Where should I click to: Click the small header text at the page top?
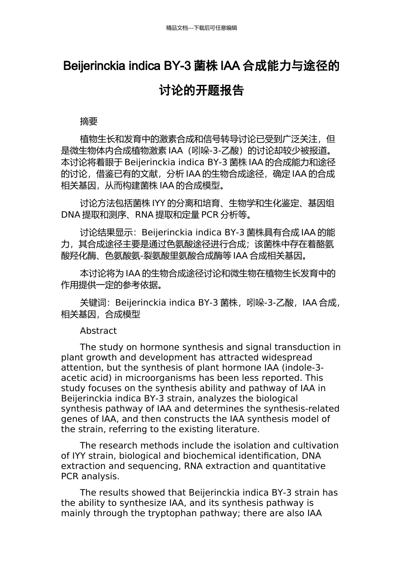201,28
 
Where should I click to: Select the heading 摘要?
89,121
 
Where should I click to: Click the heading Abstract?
98,331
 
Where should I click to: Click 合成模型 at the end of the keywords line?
123,314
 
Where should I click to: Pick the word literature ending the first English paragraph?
237,429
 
